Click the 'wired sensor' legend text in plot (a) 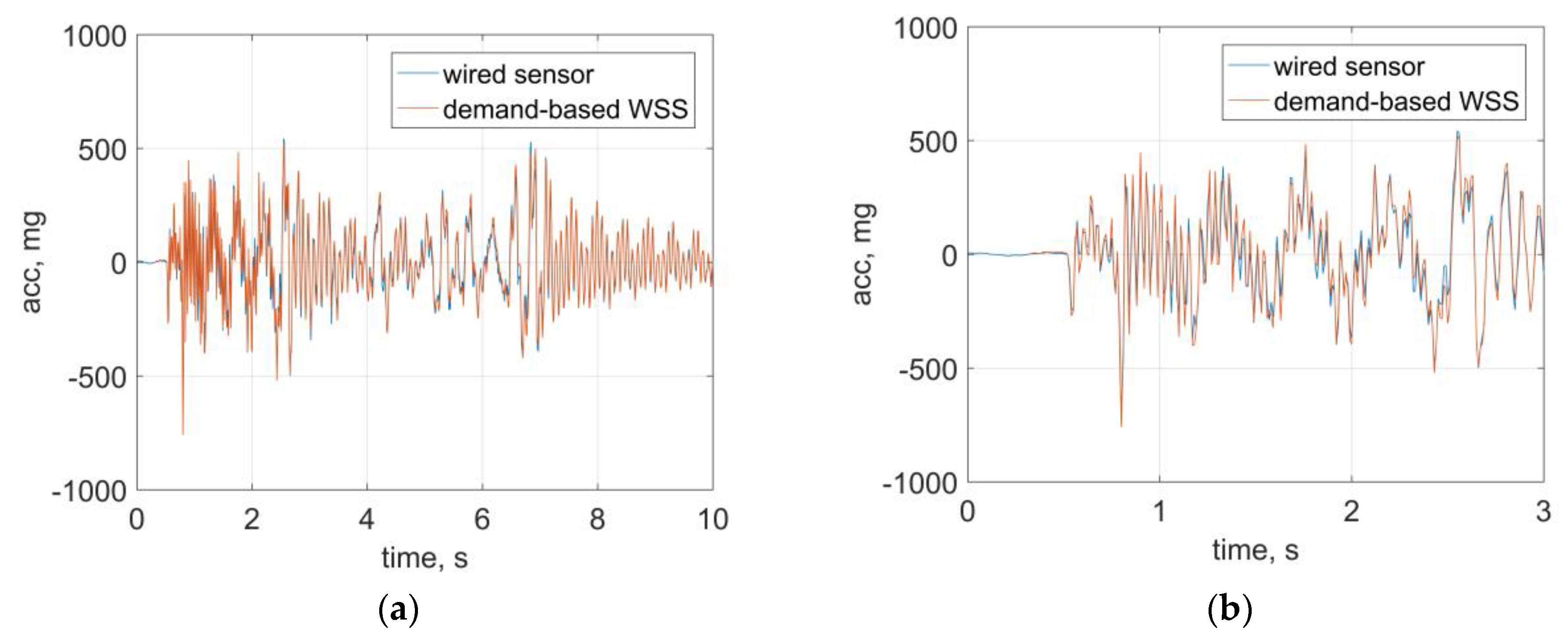point(517,75)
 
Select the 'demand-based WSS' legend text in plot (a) point(565,109)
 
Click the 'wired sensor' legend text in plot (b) point(1348,67)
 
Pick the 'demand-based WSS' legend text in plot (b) point(1396,102)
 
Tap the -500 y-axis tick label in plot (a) point(97,378)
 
